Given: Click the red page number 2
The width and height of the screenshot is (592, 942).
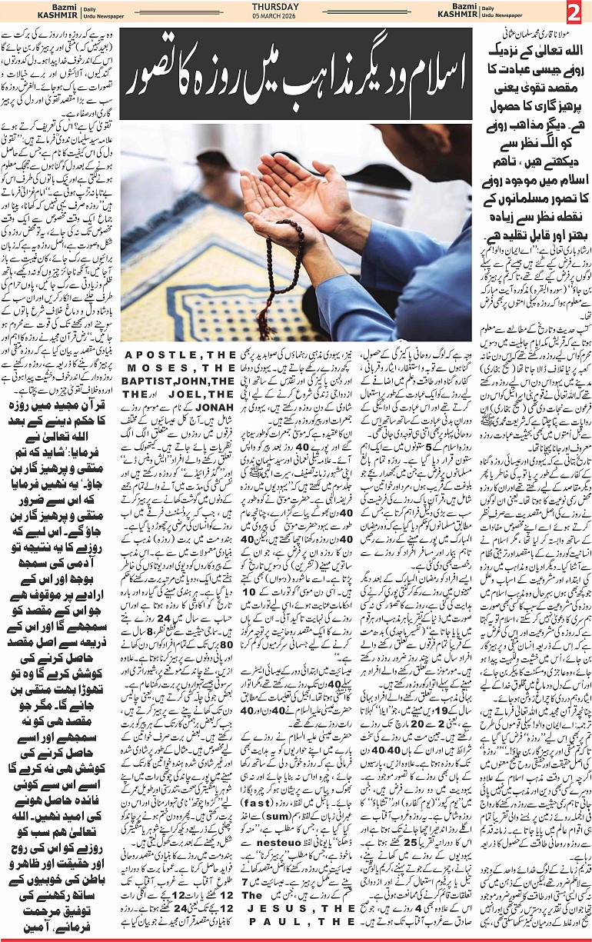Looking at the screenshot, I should click(x=576, y=13).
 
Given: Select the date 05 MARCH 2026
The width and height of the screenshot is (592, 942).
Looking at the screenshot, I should click(x=295, y=18).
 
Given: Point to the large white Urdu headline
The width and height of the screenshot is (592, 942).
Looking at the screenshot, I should click(x=296, y=78).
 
